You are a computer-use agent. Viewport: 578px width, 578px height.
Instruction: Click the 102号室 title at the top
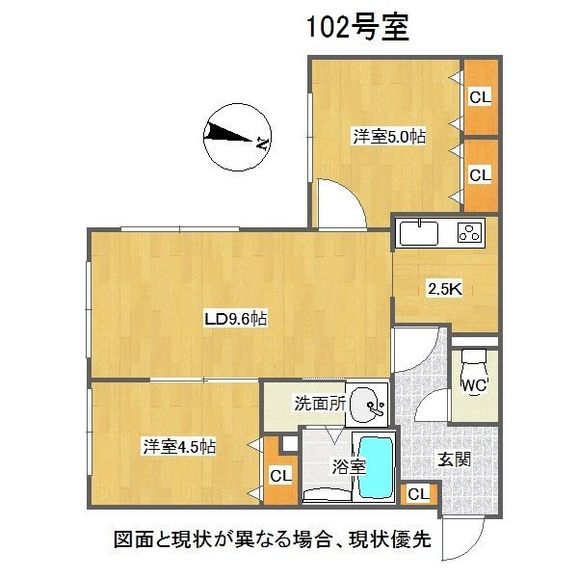(x=357, y=27)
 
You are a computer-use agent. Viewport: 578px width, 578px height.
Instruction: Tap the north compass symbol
(x=237, y=137)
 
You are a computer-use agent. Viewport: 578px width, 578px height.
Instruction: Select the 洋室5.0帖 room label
(x=389, y=137)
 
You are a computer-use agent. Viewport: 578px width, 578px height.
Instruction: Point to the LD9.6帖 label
(x=236, y=319)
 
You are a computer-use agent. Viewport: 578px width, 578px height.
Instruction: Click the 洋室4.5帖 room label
(x=179, y=447)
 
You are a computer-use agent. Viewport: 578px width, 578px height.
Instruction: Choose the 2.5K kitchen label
(x=445, y=289)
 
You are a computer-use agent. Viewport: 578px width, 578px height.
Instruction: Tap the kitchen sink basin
(x=419, y=233)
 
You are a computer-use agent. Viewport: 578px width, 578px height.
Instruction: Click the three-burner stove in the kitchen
(x=470, y=232)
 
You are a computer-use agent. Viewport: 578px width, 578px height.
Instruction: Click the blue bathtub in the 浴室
(x=376, y=467)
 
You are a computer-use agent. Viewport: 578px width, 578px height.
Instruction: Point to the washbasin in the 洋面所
(x=366, y=405)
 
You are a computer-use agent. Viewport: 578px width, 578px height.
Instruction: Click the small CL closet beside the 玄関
(x=419, y=494)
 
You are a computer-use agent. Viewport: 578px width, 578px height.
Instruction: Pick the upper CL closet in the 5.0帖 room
(x=481, y=97)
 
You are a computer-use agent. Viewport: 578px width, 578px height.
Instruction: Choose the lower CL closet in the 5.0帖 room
(x=481, y=175)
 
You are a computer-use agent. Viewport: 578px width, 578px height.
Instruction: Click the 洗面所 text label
(x=320, y=404)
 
